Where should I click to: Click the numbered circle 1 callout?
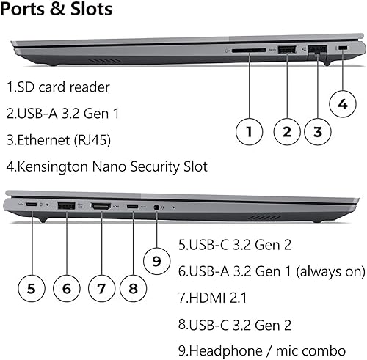[x=250, y=132]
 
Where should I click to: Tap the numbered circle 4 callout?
[x=343, y=105]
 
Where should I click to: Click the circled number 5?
[x=31, y=287]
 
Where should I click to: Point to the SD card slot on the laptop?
[x=250, y=50]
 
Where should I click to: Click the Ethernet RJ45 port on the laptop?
[x=317, y=51]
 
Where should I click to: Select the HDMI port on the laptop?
[x=101, y=207]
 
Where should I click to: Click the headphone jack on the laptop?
[x=156, y=208]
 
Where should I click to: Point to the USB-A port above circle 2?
[x=287, y=50]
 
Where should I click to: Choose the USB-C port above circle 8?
[x=132, y=207]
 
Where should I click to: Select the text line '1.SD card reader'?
[x=59, y=87]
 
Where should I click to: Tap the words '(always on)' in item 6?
[x=330, y=271]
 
